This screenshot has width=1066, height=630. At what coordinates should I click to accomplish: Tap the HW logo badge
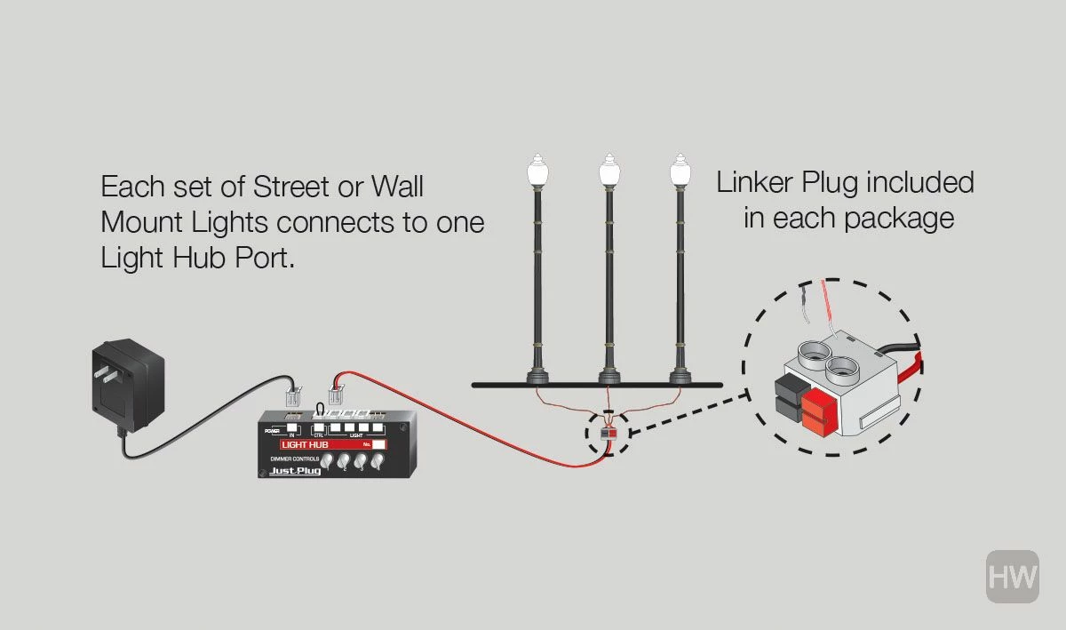point(1012,577)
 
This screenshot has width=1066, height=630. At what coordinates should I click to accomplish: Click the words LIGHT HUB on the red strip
point(306,443)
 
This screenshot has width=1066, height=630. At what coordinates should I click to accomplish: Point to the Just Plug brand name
point(297,471)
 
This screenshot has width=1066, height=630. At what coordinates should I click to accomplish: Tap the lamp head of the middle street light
point(609,171)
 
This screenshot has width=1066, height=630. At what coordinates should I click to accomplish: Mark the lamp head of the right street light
point(680,171)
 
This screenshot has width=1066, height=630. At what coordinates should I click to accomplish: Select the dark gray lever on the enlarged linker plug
point(790,397)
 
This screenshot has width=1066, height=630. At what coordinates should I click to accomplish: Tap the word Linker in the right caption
point(755,184)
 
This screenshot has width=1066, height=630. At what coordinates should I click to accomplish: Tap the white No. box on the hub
point(379,444)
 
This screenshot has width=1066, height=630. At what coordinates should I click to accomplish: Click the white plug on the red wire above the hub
point(337,395)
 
